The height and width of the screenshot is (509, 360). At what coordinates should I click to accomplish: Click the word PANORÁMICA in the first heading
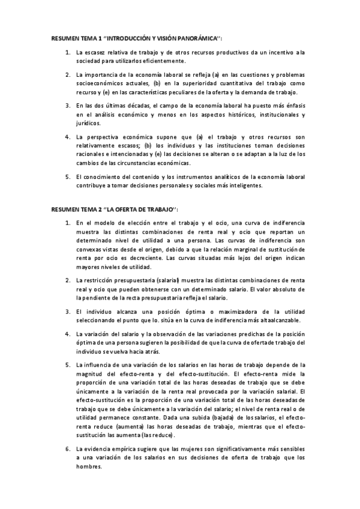190,37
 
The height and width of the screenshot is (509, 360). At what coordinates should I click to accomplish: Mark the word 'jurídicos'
89,122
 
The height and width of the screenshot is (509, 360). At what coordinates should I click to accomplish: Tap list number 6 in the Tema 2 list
68,449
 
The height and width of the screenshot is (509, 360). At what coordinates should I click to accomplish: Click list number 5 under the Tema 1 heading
68,176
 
